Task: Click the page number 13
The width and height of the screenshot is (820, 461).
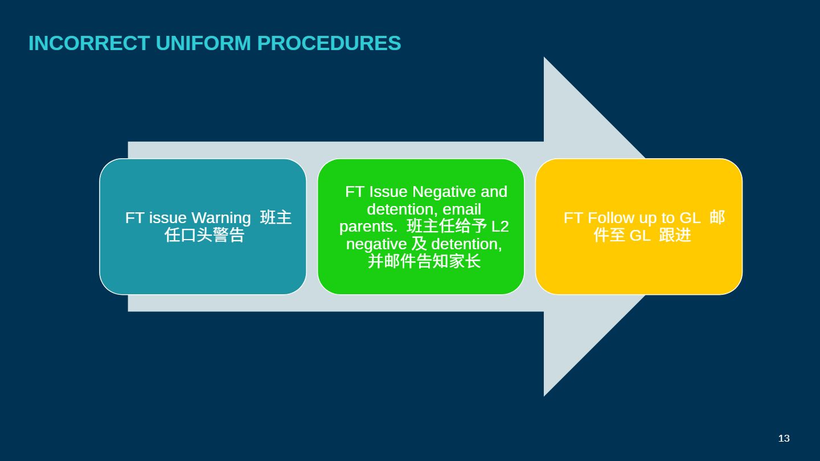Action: click(x=784, y=438)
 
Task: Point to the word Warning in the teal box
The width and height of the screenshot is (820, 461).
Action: click(x=221, y=218)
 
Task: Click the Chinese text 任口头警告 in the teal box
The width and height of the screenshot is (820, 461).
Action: click(x=204, y=235)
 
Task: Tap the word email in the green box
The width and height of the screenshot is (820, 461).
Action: click(x=462, y=209)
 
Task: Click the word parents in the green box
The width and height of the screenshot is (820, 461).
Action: click(x=366, y=227)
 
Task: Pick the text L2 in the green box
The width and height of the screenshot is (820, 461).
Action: click(x=500, y=227)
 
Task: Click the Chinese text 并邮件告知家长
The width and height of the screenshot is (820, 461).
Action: click(x=424, y=261)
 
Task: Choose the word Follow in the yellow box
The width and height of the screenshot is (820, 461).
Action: click(x=610, y=218)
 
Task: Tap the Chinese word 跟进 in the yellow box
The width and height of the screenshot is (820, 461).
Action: click(x=675, y=235)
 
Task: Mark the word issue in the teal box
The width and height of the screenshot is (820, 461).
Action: click(x=168, y=218)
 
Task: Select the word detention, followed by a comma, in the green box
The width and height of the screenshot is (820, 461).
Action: click(x=466, y=244)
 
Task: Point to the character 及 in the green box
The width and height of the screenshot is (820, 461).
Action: click(x=419, y=244)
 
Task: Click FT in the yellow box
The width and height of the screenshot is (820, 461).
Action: click(x=573, y=218)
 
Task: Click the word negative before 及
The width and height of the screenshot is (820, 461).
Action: click(x=376, y=244)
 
